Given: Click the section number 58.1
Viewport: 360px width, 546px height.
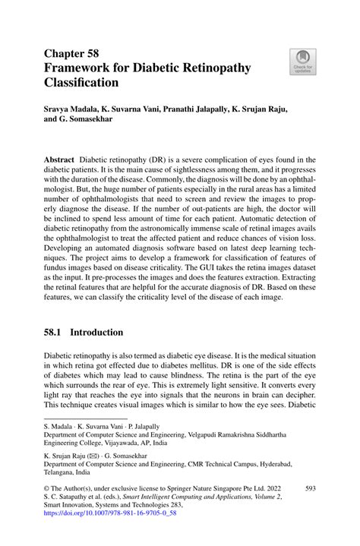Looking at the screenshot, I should tap(55, 331).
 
